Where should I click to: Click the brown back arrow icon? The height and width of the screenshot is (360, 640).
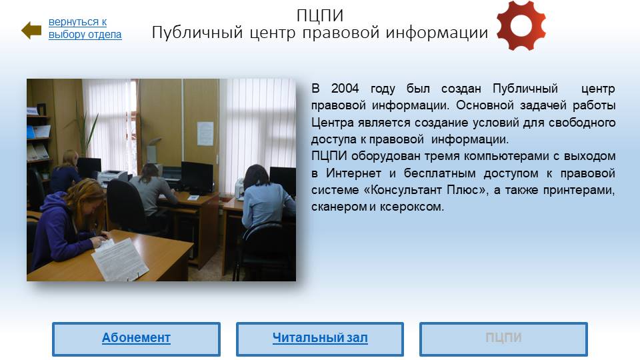coord(31,30)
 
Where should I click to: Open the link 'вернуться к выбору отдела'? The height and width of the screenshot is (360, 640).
coord(85,28)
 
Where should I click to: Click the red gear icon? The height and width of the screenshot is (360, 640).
coord(521,26)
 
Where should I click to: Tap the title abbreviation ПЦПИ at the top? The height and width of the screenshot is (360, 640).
coord(320,15)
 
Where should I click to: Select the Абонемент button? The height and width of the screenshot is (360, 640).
coord(136,339)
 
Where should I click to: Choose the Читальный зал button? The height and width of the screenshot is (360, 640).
coord(320,339)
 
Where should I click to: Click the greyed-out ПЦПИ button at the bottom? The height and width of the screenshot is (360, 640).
coord(504,339)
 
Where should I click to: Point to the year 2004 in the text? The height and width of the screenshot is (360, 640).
coord(345,88)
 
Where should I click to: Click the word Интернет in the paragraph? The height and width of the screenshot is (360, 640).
coord(353,173)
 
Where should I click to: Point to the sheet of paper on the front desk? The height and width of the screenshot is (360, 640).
coord(120,259)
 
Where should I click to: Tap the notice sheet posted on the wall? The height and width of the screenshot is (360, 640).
coord(205,133)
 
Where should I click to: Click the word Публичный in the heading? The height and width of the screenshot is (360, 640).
coord(197,33)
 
